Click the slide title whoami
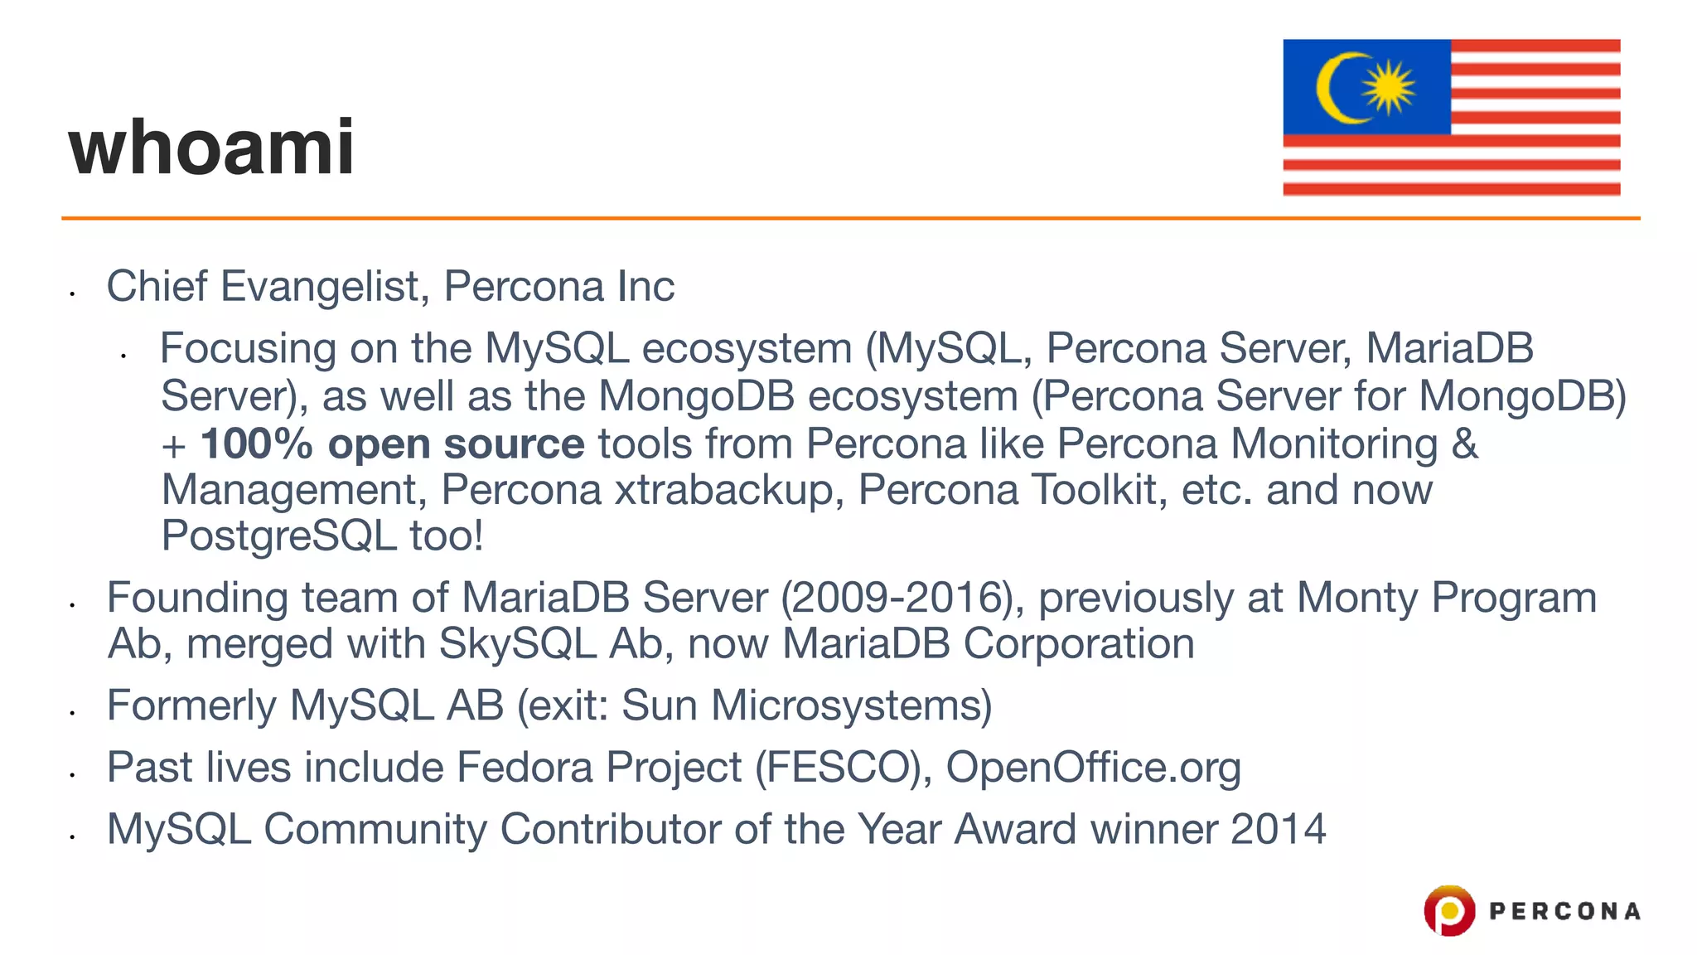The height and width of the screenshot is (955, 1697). tap(212, 148)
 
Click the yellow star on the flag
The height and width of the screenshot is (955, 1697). tap(1389, 87)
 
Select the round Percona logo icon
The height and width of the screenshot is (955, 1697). tap(1449, 910)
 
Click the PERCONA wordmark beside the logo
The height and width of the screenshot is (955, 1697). tap(1564, 911)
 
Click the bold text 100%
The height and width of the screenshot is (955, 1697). tap(256, 444)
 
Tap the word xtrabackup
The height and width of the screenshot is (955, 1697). tap(723, 489)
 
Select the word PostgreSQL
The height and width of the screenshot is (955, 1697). tap(278, 536)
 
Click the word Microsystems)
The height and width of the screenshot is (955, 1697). tap(851, 705)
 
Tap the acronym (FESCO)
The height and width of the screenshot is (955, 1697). tap(844, 767)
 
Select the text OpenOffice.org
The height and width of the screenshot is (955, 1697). tap(1093, 767)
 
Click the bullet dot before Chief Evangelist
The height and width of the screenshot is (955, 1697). tap(73, 293)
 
